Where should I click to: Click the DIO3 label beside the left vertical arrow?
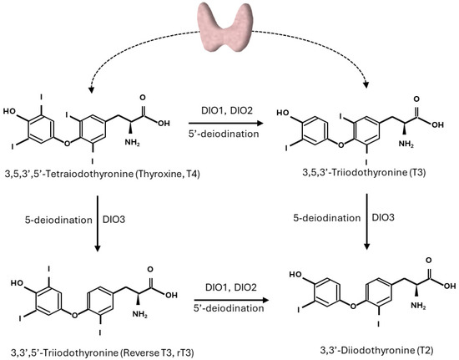click(x=134, y=219)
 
